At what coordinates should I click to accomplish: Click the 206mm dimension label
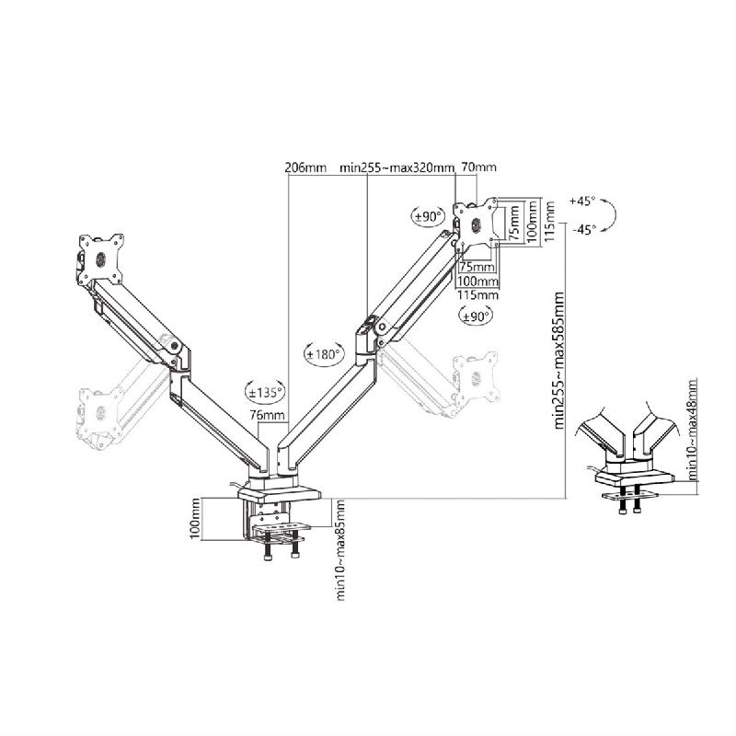coord(305,168)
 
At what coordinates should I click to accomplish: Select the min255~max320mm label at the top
coord(397,168)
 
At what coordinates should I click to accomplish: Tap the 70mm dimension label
coord(478,168)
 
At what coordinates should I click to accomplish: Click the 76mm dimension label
coord(267,415)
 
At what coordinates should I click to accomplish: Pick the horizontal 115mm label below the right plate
coord(478,294)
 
